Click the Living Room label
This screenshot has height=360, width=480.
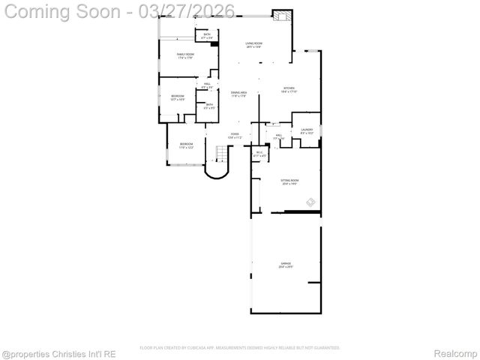[253, 44]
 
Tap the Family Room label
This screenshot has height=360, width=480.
[185, 56]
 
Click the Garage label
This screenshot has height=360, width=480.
[286, 265]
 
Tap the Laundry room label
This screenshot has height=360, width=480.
[307, 131]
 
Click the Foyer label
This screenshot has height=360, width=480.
[235, 136]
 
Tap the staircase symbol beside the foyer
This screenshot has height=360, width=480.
[220, 154]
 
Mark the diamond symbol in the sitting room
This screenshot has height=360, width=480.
[311, 201]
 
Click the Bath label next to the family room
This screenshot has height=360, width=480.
[207, 35]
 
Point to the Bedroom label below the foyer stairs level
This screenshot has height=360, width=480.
[185, 145]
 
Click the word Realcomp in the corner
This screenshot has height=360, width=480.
[456, 352]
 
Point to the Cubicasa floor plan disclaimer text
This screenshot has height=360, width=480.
[240, 348]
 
